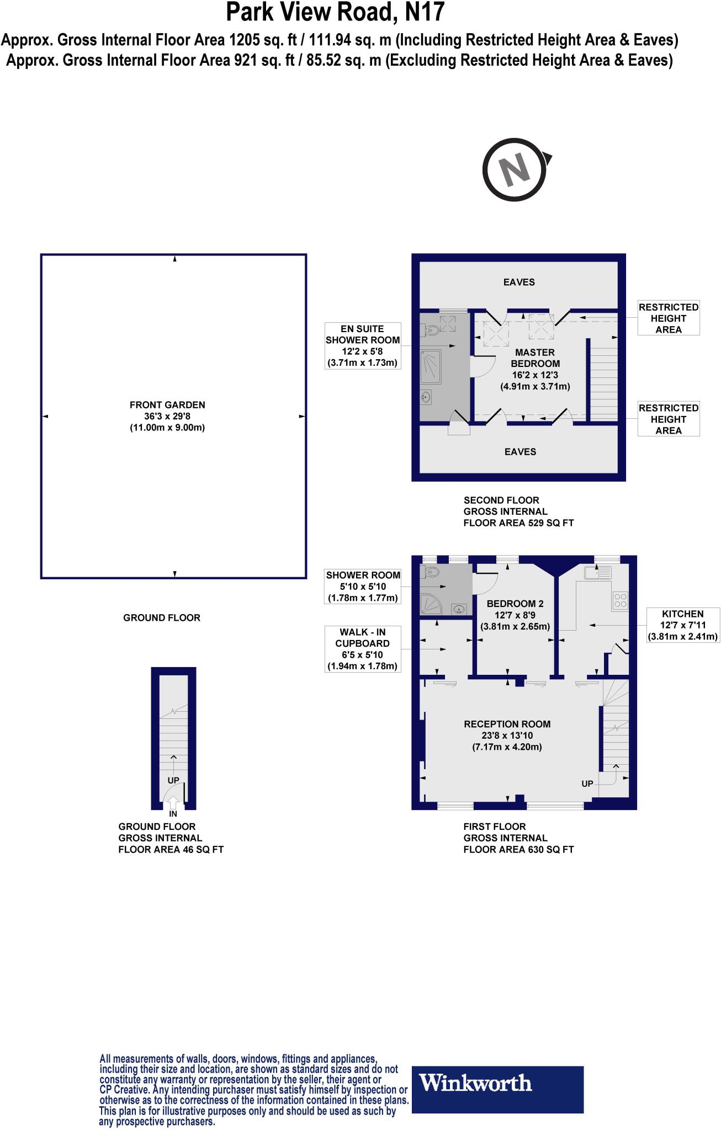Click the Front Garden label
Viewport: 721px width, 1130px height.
click(x=167, y=416)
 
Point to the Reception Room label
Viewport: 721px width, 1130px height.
click(x=507, y=735)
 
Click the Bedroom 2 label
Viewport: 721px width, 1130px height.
click(x=515, y=615)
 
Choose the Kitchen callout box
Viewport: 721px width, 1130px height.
click(x=682, y=625)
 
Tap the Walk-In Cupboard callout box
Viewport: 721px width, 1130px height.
click(x=362, y=649)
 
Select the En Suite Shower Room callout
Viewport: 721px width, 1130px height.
click(x=362, y=346)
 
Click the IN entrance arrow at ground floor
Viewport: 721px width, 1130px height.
click(x=173, y=803)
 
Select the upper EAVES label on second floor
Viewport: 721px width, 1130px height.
click(x=519, y=282)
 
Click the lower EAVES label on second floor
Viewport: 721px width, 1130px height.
click(x=520, y=451)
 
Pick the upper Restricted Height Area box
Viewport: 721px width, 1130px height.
click(x=668, y=318)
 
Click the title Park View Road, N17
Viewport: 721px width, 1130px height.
click(x=335, y=12)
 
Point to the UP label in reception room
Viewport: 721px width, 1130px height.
click(x=587, y=783)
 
